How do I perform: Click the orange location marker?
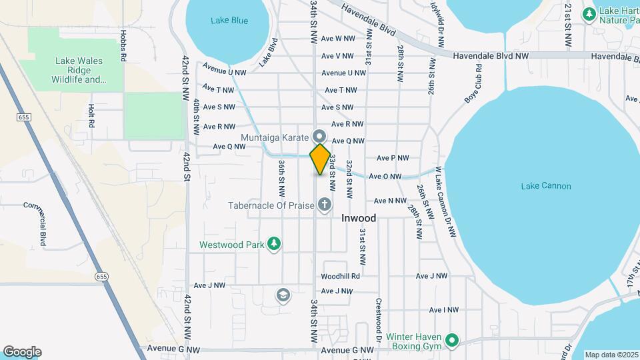click(x=320, y=159)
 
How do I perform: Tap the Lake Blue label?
click(x=229, y=21)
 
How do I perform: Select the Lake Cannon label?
click(x=546, y=186)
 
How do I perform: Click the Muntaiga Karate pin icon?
click(x=319, y=134)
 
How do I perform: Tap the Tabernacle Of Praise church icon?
click(x=325, y=205)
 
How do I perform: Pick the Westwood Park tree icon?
click(x=273, y=245)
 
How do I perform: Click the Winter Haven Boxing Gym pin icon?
click(x=452, y=341)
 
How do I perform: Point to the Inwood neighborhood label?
click(x=359, y=218)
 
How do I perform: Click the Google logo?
click(x=22, y=352)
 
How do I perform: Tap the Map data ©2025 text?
click(x=611, y=355)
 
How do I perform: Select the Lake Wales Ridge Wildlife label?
click(x=79, y=70)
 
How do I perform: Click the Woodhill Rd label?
click(x=340, y=276)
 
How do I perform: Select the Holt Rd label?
click(x=91, y=116)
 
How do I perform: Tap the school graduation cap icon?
click(x=283, y=295)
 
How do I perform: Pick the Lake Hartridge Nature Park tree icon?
click(x=589, y=14)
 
